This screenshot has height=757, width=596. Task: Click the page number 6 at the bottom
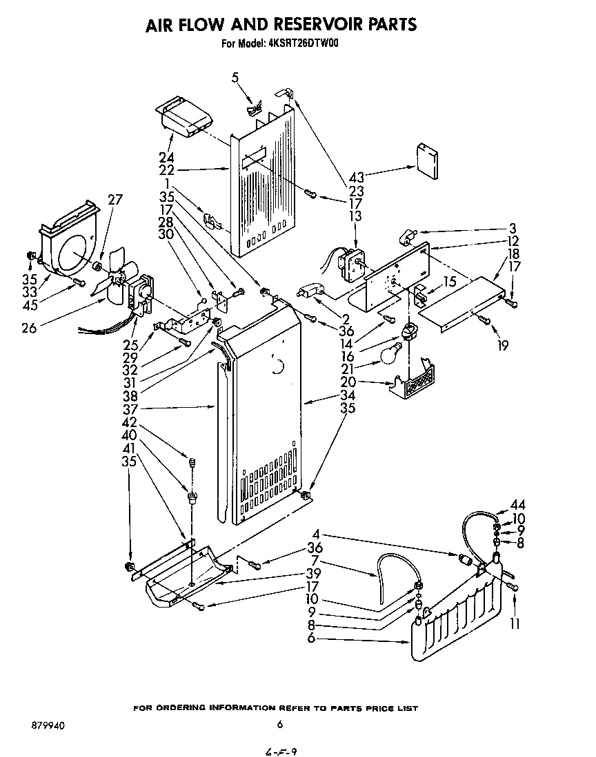279,724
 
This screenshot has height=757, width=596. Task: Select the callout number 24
166,157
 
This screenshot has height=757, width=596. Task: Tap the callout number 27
115,200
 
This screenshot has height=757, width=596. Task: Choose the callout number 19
502,346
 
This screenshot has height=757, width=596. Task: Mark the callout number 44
519,505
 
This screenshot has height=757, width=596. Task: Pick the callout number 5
235,78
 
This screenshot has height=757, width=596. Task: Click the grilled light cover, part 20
415,384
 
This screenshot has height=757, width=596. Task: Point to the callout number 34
348,395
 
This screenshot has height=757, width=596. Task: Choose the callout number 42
129,422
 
